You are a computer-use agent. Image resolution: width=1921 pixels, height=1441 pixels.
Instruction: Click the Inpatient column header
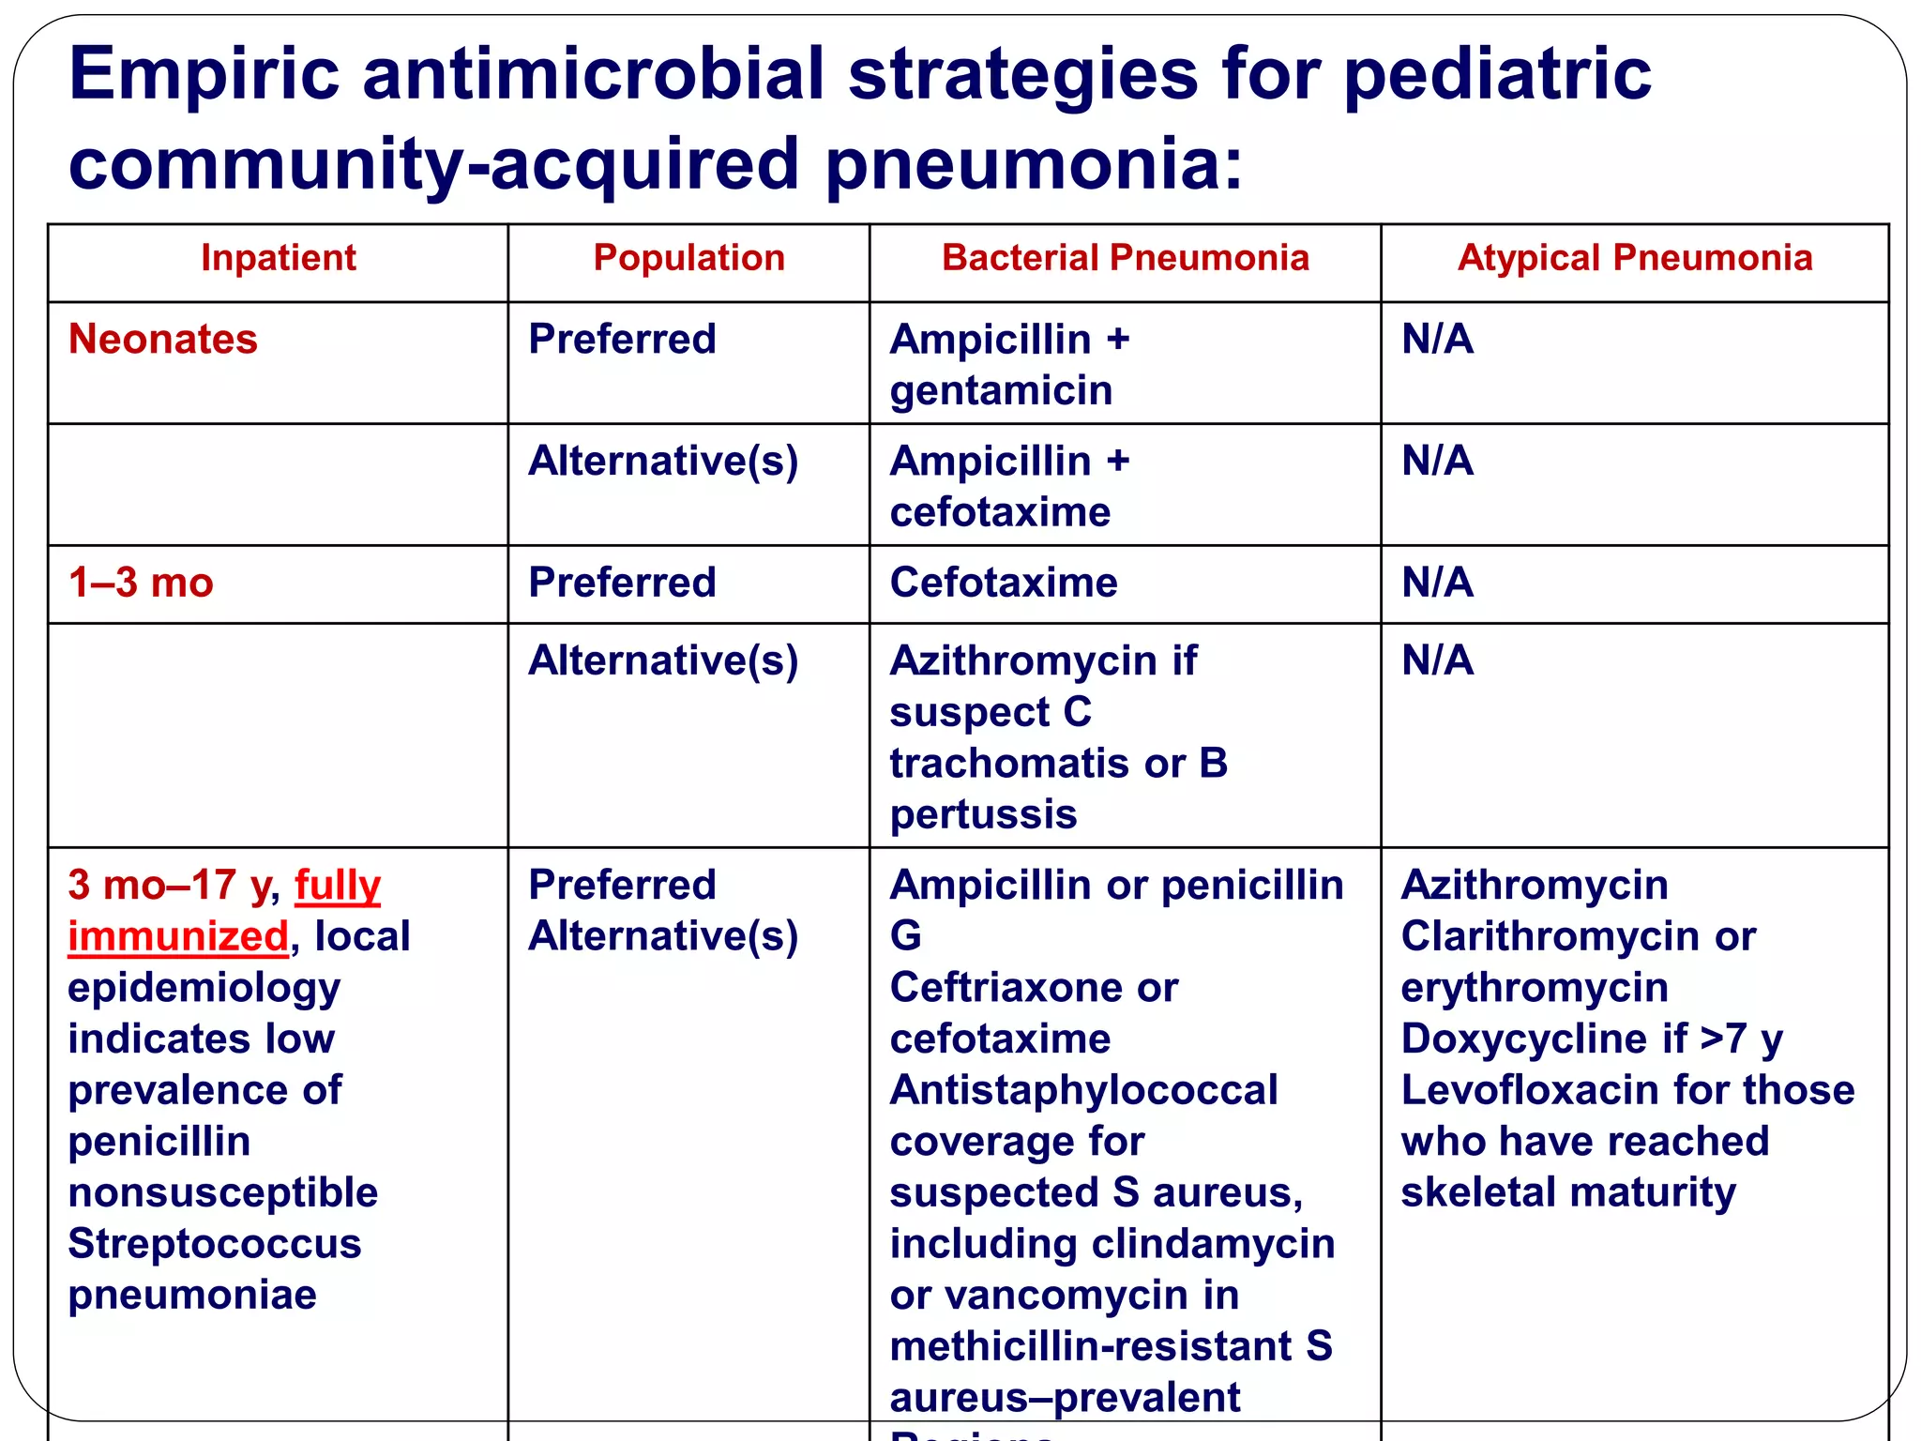[x=279, y=258]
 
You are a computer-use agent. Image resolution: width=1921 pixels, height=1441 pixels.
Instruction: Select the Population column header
[x=688, y=258]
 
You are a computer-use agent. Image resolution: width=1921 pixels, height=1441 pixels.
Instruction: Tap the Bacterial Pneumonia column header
[x=1125, y=258]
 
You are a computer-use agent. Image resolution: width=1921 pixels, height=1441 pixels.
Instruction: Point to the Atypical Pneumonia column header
[x=1635, y=258]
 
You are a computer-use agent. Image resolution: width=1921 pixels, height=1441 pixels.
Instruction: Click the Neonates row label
[x=163, y=339]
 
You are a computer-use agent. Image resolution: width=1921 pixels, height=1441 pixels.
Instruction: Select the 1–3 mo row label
[x=141, y=583]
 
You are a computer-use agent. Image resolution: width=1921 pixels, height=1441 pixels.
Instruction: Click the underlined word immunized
[x=178, y=936]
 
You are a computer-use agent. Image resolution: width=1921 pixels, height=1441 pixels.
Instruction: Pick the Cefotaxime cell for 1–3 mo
[x=1004, y=583]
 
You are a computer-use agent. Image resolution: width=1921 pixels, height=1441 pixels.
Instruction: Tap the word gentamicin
[x=1001, y=390]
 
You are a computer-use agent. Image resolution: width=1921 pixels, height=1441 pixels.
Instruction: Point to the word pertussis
[x=983, y=814]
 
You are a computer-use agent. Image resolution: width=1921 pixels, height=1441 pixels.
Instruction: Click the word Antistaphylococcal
[x=1083, y=1090]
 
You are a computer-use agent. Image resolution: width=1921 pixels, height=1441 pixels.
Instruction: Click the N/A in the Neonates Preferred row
[x=1437, y=339]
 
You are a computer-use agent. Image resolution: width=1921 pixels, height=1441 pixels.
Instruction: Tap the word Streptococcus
[x=215, y=1244]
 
